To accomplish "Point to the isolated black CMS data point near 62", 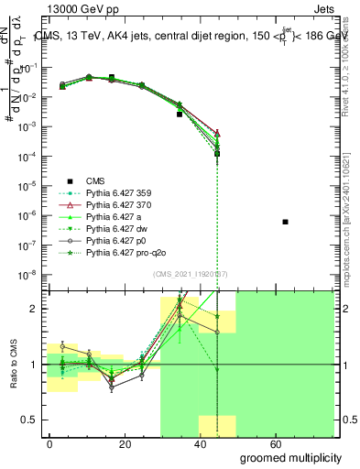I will (286, 222).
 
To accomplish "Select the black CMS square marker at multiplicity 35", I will (180, 114).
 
